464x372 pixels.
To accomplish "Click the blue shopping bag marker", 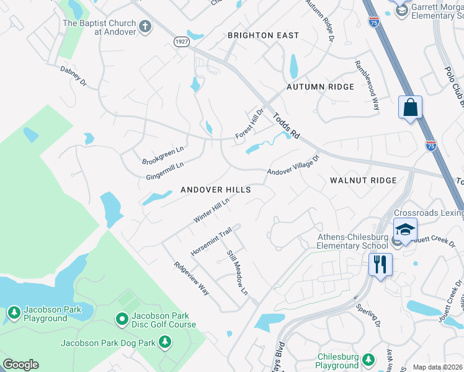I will (410, 107).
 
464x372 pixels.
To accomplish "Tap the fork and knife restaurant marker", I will (380, 264).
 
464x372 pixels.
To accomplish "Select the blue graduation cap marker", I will (405, 229).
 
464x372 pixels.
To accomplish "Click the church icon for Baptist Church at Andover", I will (145, 27).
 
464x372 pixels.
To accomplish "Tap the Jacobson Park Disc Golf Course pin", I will (122, 319).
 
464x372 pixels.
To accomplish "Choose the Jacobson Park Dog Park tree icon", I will (164, 342).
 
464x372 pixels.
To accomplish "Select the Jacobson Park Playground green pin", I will (14, 313).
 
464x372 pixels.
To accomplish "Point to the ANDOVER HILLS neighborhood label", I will (215, 190).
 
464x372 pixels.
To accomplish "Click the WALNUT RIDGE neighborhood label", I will (363, 180).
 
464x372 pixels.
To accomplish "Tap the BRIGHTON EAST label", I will (263, 35).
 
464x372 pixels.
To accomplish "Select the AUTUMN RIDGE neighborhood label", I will (320, 87).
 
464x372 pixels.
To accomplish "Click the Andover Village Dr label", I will (293, 165).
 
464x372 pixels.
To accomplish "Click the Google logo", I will (20, 365).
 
